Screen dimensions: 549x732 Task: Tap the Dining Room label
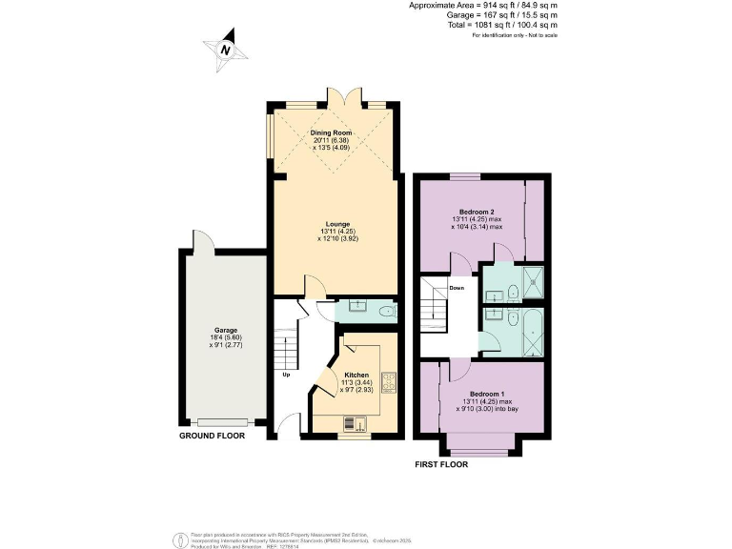(x=333, y=132)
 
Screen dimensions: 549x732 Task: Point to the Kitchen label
(x=356, y=376)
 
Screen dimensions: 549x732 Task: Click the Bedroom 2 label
(x=476, y=212)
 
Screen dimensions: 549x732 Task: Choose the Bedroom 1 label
(x=487, y=394)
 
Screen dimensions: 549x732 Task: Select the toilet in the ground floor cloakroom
(x=385, y=311)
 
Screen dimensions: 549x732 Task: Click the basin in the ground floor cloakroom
(x=356, y=305)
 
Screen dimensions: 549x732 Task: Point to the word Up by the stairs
(x=285, y=374)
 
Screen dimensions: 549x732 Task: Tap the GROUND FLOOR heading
(x=213, y=436)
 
